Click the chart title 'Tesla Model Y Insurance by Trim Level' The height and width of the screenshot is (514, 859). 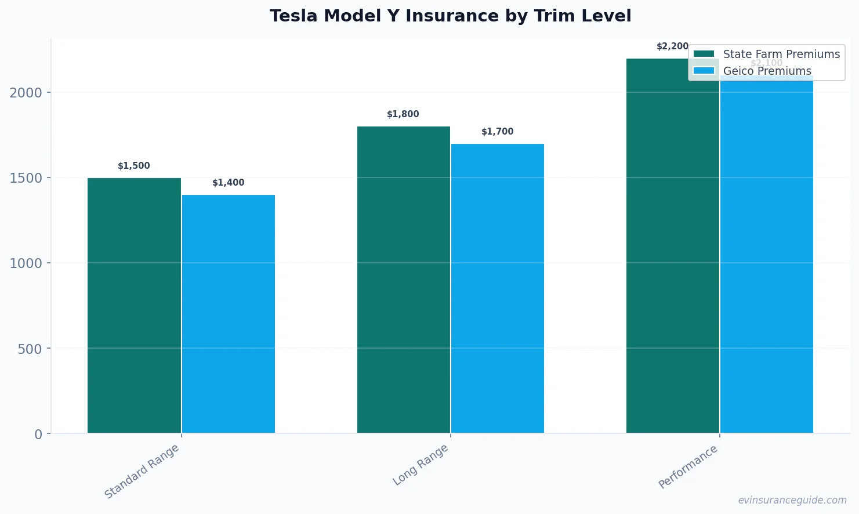click(x=450, y=16)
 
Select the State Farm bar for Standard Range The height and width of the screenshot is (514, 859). click(x=134, y=305)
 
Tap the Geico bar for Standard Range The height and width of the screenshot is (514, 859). click(x=229, y=314)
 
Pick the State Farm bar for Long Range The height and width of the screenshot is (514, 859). click(x=403, y=280)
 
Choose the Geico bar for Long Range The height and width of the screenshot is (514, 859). click(x=498, y=288)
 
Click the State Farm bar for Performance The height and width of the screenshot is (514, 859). click(x=672, y=245)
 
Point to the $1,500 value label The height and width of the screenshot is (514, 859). click(x=134, y=166)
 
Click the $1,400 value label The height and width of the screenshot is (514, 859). click(x=229, y=183)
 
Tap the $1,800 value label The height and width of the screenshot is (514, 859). click(x=403, y=114)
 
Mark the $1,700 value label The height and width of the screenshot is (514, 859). click(x=498, y=132)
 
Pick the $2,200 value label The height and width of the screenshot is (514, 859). click(x=672, y=46)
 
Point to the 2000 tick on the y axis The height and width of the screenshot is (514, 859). click(x=26, y=93)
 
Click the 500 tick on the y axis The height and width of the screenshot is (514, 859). click(x=30, y=349)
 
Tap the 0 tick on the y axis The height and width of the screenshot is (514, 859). click(x=38, y=435)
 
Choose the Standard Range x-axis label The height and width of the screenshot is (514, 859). click(x=142, y=471)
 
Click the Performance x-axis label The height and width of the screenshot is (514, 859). click(x=688, y=466)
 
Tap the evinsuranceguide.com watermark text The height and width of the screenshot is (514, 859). click(x=792, y=500)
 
